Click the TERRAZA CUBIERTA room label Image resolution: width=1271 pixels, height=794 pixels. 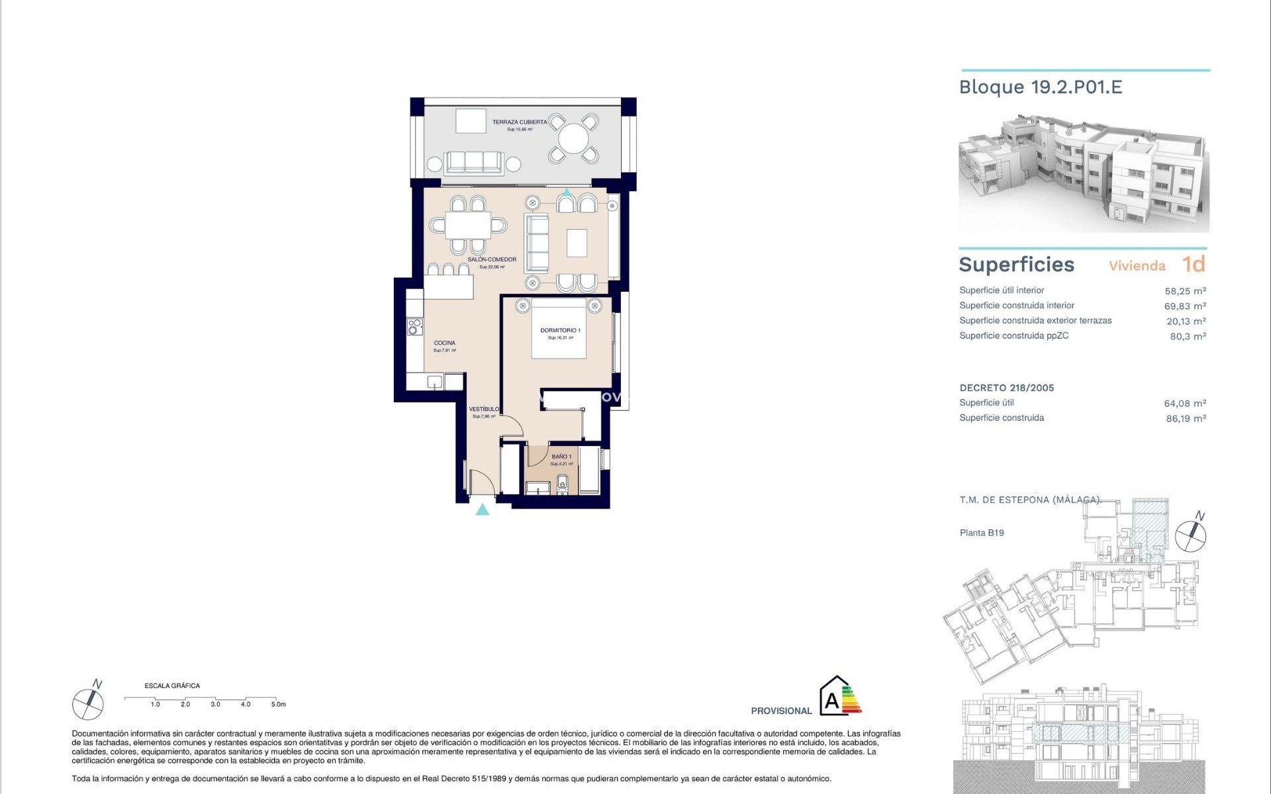coord(519,122)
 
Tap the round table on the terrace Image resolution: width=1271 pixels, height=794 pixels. coord(573,139)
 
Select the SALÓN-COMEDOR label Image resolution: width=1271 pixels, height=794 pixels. coord(492,259)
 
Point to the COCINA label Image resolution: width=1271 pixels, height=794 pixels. coord(445,343)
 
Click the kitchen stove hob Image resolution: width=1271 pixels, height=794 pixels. coord(414,326)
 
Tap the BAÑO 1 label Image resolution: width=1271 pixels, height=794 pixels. coord(561,457)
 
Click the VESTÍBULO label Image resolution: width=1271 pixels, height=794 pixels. coord(484,409)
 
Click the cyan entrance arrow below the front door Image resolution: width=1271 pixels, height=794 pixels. coord(483,509)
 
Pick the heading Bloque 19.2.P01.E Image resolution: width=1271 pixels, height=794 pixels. coord(1040,87)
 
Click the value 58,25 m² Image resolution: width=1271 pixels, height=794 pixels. coord(1185,290)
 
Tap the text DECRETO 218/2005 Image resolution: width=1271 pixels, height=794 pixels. coord(1006,388)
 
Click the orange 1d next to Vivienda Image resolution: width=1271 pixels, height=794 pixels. coord(1194,264)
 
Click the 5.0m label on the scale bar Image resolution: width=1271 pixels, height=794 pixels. coord(278,704)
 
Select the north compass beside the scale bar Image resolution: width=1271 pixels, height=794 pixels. coord(88,703)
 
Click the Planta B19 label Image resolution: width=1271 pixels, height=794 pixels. coord(981,533)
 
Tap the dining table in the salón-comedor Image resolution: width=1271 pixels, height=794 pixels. coord(468,225)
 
